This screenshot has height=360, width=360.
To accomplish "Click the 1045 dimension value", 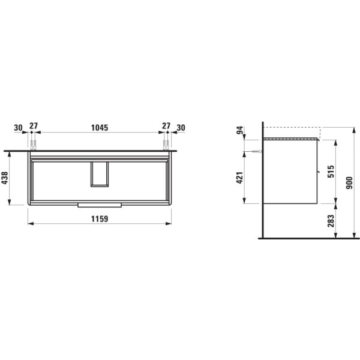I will (100, 127).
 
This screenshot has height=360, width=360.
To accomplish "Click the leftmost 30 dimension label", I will (18, 127).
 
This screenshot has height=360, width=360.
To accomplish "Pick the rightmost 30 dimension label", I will (181, 127).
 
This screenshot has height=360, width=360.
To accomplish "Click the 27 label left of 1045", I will (34, 127).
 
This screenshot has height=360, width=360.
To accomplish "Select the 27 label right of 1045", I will (166, 127).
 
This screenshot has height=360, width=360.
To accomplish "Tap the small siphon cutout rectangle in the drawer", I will (100, 174).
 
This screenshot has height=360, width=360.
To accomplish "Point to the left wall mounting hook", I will (34, 145).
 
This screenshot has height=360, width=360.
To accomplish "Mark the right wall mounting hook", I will (166, 145).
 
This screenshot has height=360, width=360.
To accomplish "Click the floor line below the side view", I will (300, 238).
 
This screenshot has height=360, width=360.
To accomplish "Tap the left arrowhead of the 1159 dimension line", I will (31, 224).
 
